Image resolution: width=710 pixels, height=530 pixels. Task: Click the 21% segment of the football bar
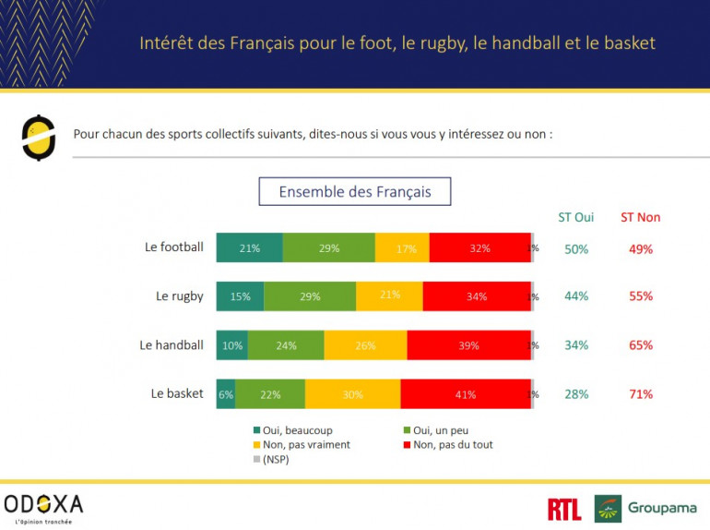[249, 248]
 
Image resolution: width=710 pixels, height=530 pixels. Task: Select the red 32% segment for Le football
[479, 248]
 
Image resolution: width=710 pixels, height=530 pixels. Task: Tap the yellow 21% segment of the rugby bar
[389, 296]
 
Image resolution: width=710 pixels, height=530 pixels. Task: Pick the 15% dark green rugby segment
[240, 296]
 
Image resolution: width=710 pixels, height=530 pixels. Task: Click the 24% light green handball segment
[286, 345]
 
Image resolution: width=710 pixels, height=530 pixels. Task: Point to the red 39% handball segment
[468, 345]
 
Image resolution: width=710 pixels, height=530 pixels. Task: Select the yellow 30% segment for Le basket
[352, 394]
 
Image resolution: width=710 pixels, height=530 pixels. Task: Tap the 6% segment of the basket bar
[226, 394]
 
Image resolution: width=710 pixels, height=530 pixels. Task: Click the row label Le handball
[172, 345]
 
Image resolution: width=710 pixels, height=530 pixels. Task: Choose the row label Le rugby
[180, 296]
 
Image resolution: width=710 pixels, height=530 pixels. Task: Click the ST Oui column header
[576, 218]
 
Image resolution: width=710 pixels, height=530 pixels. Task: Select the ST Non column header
[640, 218]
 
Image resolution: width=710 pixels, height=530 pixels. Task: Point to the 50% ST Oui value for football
[577, 248]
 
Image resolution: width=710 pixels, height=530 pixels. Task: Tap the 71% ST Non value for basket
[641, 394]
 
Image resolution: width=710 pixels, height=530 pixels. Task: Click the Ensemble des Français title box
[355, 192]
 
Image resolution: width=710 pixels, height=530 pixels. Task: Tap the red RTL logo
[563, 509]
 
